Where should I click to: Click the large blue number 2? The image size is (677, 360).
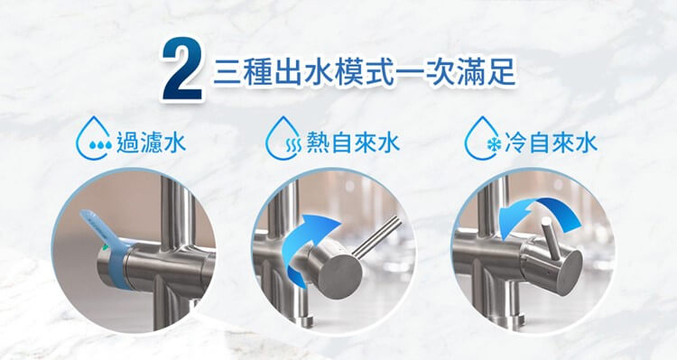182,69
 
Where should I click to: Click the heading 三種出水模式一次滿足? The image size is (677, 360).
365,71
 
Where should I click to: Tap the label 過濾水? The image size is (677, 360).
151,143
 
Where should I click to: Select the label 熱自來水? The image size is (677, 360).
352,143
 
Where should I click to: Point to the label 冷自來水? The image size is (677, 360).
551,143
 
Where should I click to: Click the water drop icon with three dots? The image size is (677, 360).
94,139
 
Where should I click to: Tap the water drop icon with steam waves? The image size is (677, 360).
283,139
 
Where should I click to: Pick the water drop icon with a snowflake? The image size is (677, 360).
482,139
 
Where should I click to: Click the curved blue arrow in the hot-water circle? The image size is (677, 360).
302,248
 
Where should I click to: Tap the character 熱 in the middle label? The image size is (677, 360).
318,143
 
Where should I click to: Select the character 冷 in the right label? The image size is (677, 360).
515,143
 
